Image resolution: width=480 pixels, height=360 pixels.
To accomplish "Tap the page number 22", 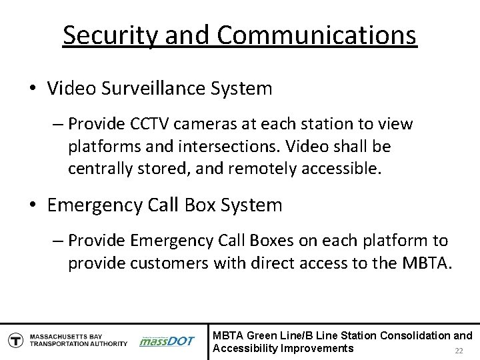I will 458,351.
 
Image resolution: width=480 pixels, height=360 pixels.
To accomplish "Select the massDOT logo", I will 167,341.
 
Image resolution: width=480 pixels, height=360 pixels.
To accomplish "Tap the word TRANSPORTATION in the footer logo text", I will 53,344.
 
